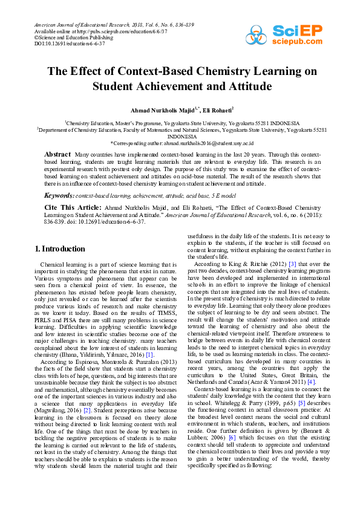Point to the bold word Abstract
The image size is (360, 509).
57,155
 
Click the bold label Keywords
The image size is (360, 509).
59,196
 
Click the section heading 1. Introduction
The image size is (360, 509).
60,249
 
